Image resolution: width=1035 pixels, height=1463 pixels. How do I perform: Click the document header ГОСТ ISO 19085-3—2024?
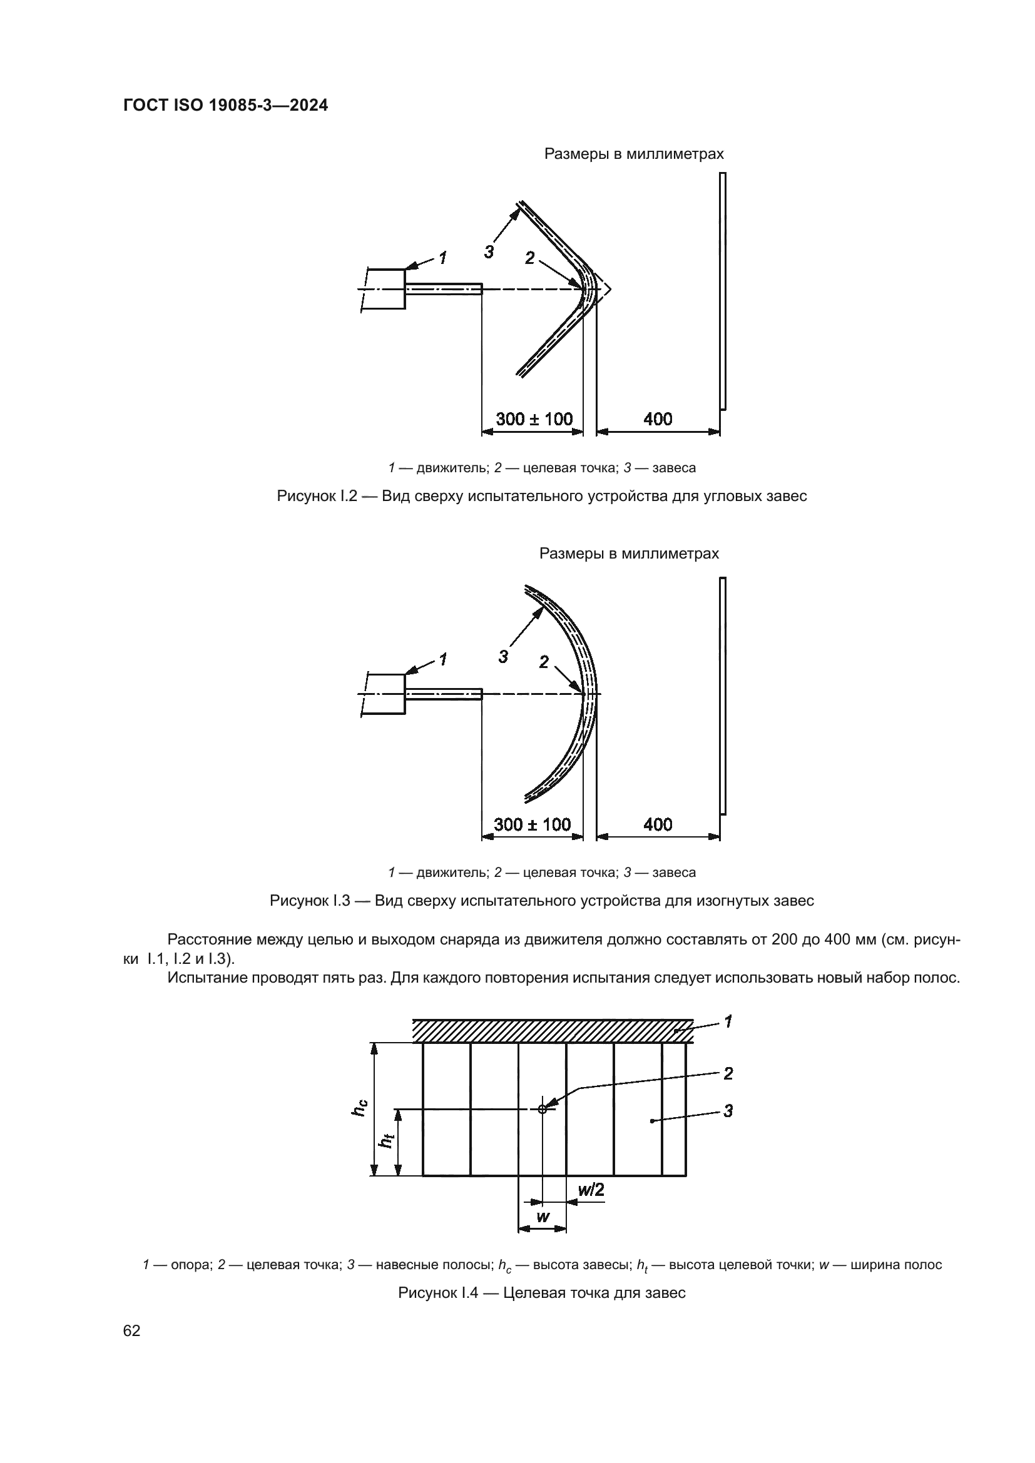(x=226, y=106)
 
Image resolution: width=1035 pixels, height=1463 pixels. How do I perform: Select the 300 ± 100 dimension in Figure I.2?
(x=534, y=419)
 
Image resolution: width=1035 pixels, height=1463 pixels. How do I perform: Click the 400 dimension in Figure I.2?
(x=658, y=419)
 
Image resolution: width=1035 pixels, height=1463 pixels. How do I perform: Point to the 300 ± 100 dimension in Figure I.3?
(x=532, y=824)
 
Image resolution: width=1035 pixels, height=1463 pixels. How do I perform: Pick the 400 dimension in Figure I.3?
(x=658, y=824)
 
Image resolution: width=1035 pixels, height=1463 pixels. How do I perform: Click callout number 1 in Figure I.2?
(x=442, y=258)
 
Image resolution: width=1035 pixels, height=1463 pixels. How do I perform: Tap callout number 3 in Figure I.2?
(x=489, y=252)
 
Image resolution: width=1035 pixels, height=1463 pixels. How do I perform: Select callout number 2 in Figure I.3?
(x=544, y=662)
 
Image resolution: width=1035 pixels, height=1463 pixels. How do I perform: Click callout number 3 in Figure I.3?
(x=504, y=657)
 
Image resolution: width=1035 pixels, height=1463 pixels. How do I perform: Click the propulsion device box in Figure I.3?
(x=386, y=694)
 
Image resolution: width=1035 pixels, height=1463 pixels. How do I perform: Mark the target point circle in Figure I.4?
(x=543, y=1110)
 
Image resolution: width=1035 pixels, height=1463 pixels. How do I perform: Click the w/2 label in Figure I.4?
(x=591, y=1189)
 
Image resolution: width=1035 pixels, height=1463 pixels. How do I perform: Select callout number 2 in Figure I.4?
(x=728, y=1074)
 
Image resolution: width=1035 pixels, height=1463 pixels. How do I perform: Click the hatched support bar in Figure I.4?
(x=552, y=1030)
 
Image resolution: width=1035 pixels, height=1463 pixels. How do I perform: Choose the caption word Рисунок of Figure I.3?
(x=298, y=901)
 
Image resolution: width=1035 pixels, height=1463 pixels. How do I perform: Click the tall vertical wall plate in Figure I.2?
(x=723, y=291)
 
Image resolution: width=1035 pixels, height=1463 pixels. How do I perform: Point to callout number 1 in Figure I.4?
(x=728, y=1021)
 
